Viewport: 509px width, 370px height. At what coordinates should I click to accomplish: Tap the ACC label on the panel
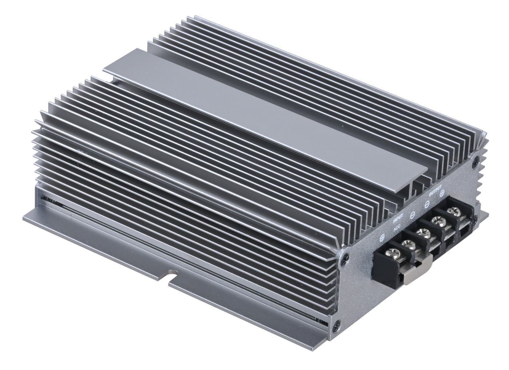[397, 228]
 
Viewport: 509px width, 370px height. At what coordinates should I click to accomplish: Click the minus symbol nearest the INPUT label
[412, 215]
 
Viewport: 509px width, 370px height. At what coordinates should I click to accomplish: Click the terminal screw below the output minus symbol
[436, 220]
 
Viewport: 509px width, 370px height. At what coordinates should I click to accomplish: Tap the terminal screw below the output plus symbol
[452, 211]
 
